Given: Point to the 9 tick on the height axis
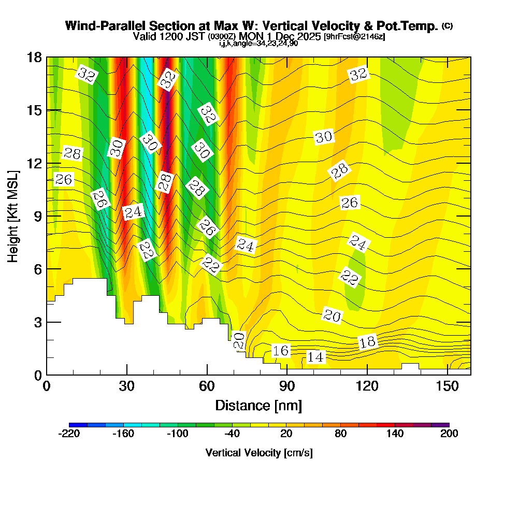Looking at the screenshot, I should pyautogui.click(x=47, y=215).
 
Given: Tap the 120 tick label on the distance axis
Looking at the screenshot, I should pyautogui.click(x=367, y=386).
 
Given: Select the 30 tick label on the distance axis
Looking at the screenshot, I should pyautogui.click(x=127, y=386).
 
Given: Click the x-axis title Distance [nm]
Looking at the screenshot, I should pyautogui.click(x=258, y=405).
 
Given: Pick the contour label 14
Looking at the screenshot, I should pyautogui.click(x=315, y=357).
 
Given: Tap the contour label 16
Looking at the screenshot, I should pyautogui.click(x=281, y=351).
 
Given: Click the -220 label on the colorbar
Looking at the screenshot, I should pyautogui.click(x=69, y=434).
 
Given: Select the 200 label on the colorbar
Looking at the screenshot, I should pyautogui.click(x=449, y=434).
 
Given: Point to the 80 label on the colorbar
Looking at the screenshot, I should pyautogui.click(x=340, y=434).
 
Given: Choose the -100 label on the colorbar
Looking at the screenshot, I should pyautogui.click(x=177, y=434).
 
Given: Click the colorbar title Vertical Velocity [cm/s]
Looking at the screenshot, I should pyautogui.click(x=259, y=453).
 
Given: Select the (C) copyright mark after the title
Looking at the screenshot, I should pyautogui.click(x=447, y=25).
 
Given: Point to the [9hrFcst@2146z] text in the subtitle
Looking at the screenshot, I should pyautogui.click(x=354, y=37).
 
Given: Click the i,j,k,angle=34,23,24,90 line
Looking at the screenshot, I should pyautogui.click(x=258, y=44).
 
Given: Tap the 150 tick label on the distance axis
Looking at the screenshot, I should pyautogui.click(x=447, y=386).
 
